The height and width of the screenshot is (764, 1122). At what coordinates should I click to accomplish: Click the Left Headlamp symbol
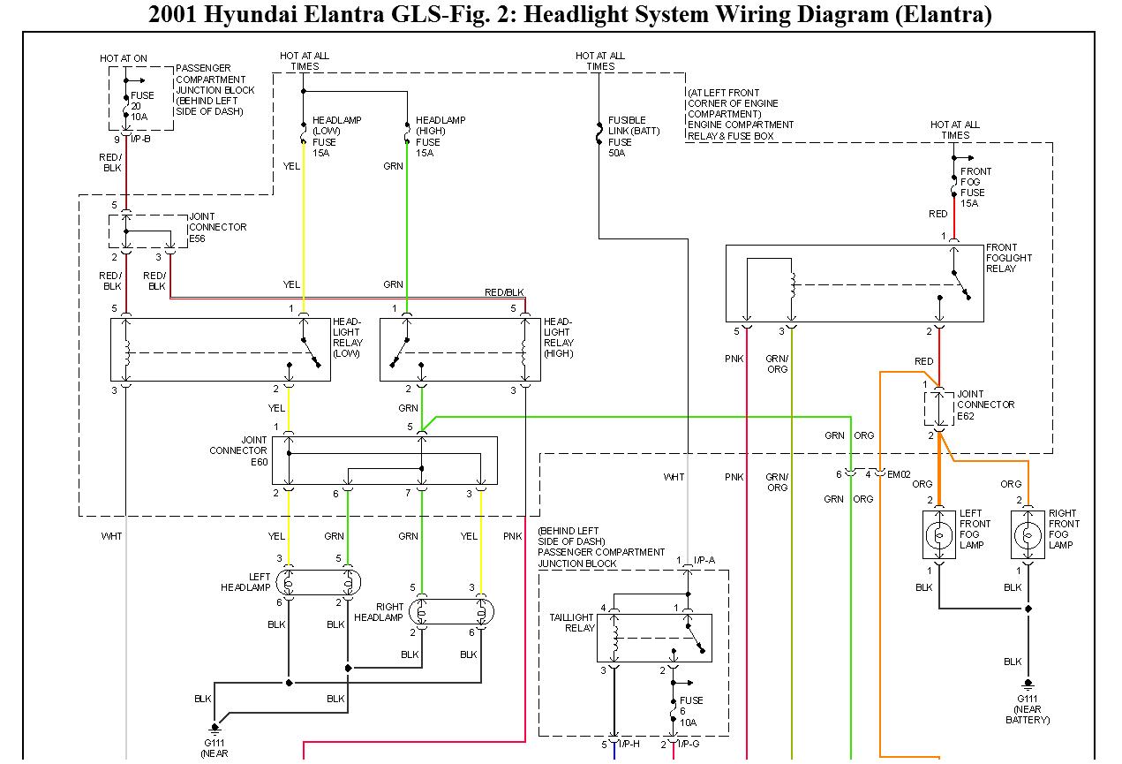coord(319,582)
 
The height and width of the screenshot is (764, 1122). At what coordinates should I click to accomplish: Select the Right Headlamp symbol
coord(451,611)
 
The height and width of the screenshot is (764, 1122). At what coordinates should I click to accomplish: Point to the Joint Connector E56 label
coord(217,227)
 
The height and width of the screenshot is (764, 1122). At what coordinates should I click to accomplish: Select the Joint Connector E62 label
coord(985,405)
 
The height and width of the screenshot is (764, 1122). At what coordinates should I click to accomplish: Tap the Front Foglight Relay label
coord(1008,258)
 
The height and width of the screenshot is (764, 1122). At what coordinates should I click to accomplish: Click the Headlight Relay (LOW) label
coord(347,337)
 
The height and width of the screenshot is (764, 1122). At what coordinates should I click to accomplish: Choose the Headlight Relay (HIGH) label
coord(558,337)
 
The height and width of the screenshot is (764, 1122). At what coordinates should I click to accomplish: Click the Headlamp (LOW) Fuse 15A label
coord(336,136)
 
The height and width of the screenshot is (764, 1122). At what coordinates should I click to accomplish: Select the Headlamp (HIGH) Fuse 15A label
coord(441,136)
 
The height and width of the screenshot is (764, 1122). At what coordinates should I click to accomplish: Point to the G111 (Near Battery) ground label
coord(1028,709)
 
